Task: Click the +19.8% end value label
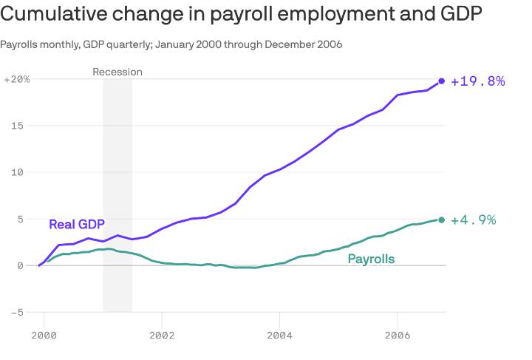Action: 477,81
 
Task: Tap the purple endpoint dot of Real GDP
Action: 442,81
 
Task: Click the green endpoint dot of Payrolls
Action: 442,220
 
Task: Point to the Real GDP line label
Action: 77,225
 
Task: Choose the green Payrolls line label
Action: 371,259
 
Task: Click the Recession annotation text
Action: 117,72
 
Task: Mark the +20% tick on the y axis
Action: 17,79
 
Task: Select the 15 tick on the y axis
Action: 24,126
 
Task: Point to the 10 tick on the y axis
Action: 24,172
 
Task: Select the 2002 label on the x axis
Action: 161,335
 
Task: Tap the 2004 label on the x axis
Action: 279,335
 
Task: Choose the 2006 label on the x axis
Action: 398,335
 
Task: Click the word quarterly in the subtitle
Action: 129,45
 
